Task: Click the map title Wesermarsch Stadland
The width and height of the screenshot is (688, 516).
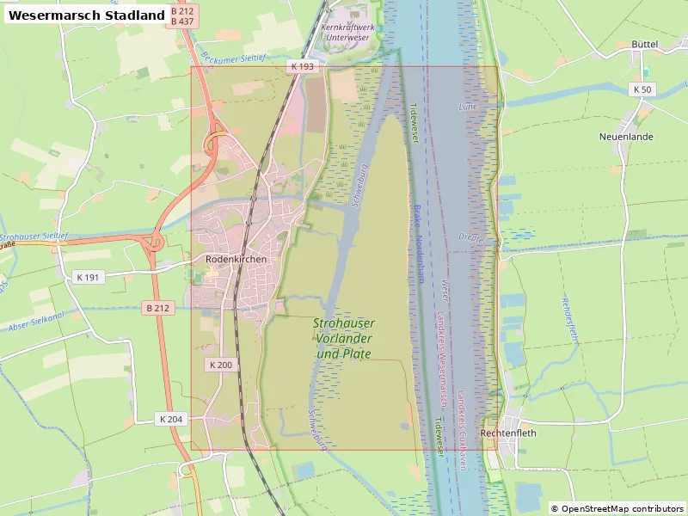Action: pos(87,15)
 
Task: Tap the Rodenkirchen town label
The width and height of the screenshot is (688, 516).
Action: pos(236,258)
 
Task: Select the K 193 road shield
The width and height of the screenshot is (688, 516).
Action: pos(303,66)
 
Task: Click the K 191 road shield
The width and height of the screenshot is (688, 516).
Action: pos(88,277)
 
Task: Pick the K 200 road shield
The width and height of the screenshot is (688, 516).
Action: pos(220,365)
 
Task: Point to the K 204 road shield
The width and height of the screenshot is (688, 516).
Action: pos(170,419)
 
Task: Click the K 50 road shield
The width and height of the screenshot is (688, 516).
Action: pos(642,89)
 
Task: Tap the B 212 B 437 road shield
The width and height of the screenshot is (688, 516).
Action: pos(181,15)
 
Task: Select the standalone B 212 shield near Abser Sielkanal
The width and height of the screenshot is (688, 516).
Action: pos(158,307)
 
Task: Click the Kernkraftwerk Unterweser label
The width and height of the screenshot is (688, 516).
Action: pos(347,32)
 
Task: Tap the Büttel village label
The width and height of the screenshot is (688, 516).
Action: pos(644,44)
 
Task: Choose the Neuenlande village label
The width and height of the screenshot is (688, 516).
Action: pos(626,137)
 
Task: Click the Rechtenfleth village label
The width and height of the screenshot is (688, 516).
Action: pos(508,433)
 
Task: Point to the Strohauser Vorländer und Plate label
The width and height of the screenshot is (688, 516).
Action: pos(343,338)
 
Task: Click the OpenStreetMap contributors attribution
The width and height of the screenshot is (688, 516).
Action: pos(617,508)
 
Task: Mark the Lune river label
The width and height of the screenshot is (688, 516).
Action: pos(467,107)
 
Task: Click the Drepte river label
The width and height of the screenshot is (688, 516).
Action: pos(471,236)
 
